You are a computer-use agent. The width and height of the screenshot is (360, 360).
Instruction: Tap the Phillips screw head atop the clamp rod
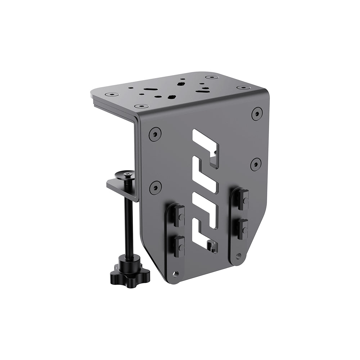125,175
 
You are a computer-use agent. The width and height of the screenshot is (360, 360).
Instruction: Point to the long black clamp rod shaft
128,223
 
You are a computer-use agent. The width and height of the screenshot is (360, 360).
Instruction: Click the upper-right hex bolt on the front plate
257,114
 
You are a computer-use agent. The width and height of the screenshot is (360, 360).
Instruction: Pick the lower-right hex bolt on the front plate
256,164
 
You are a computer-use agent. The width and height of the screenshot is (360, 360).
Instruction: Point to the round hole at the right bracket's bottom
238,256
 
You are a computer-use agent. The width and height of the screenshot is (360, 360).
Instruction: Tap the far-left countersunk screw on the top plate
112,94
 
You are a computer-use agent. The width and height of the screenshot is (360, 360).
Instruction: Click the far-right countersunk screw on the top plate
243,87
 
